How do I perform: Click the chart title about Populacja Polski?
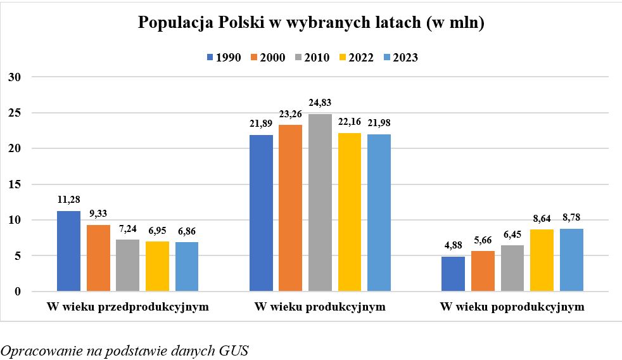click(x=311, y=23)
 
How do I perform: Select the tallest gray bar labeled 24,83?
click(x=320, y=203)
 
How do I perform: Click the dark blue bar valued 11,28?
click(x=68, y=251)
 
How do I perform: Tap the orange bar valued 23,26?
click(x=290, y=208)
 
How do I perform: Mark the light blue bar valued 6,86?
click(x=187, y=267)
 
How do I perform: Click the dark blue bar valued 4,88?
click(x=453, y=274)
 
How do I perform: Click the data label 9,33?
click(x=98, y=214)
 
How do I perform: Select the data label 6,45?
click(x=512, y=234)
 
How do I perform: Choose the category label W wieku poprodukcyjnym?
click(x=512, y=307)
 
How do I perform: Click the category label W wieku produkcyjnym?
click(x=320, y=307)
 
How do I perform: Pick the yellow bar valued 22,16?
click(x=350, y=212)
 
